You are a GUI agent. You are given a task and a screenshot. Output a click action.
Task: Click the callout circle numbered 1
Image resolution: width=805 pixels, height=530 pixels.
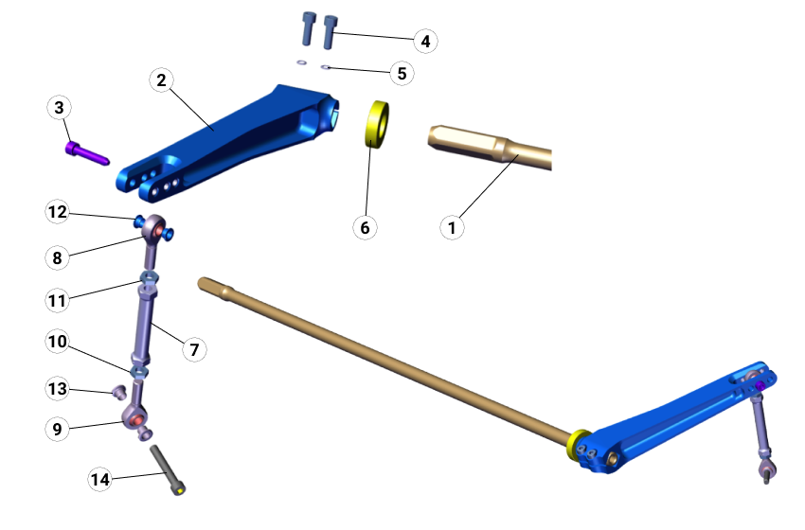tap(452, 227)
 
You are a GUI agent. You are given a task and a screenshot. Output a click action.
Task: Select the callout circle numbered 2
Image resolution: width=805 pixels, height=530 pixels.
tap(162, 80)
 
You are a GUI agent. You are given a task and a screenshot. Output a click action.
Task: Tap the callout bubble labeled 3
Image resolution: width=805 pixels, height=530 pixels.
tap(60, 108)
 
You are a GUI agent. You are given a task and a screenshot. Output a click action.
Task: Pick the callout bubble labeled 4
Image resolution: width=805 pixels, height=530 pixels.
tap(425, 41)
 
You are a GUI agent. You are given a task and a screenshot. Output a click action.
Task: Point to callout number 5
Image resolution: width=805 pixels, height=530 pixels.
tap(402, 72)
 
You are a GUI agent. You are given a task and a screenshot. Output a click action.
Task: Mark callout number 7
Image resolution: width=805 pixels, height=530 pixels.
tap(192, 349)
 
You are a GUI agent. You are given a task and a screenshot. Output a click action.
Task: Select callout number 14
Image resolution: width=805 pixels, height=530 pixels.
tap(100, 479)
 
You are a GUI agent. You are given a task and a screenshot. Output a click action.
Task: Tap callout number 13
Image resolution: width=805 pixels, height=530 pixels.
tap(58, 388)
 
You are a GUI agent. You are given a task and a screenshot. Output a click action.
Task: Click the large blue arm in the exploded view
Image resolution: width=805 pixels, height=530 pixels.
tap(227, 142)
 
